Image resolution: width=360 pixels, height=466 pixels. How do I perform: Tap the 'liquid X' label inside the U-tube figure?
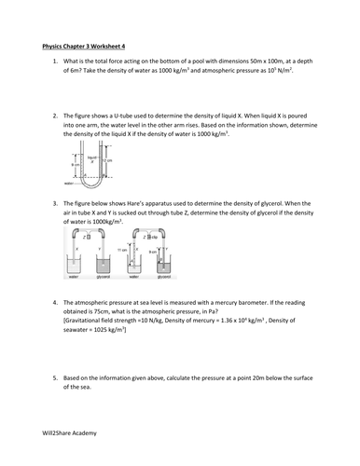coord(92,159)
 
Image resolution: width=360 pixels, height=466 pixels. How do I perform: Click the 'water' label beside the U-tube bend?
coord(69,184)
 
